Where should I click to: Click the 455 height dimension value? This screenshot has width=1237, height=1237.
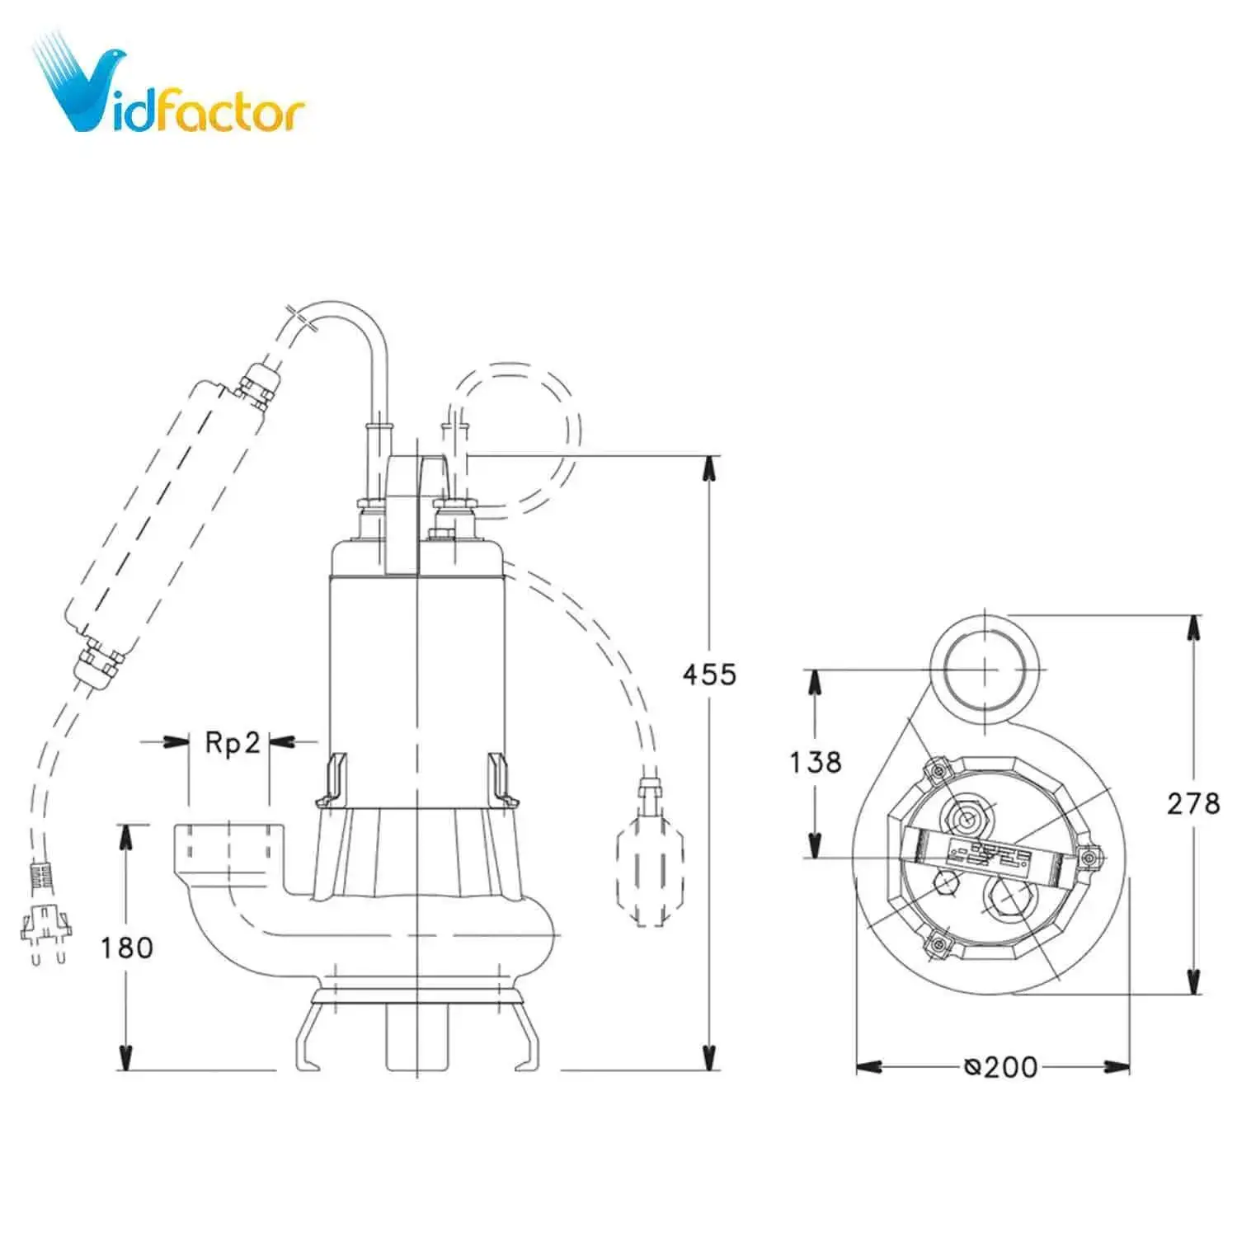[709, 675]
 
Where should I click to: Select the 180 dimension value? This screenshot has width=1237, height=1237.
[127, 948]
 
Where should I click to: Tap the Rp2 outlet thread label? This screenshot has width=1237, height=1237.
[232, 743]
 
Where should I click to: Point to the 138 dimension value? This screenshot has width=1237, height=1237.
[816, 762]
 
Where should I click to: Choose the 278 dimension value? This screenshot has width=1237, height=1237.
[1192, 803]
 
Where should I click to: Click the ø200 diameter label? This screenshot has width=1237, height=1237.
[1000, 1067]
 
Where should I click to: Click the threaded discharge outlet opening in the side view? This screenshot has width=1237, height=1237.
[228, 842]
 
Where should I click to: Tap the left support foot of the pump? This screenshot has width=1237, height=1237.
[309, 1035]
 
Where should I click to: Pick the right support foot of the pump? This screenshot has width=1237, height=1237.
[528, 1035]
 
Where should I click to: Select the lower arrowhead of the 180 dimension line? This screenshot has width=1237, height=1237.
[126, 1057]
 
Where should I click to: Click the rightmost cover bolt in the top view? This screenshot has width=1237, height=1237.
[1090, 858]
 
